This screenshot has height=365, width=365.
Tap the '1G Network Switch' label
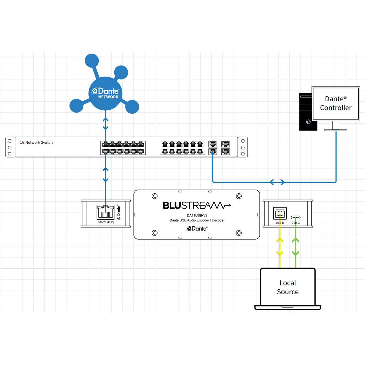(36, 143)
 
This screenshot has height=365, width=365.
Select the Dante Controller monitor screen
(336, 103)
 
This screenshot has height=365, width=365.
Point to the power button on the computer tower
(308, 122)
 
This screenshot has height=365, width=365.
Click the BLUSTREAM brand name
(196, 206)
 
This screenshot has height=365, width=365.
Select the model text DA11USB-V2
(197, 216)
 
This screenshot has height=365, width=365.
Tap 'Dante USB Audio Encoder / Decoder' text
(197, 220)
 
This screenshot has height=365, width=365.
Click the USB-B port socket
(280, 213)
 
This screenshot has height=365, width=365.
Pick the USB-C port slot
(296, 218)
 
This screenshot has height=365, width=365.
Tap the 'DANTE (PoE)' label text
(106, 222)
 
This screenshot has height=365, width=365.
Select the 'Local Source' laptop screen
(288, 287)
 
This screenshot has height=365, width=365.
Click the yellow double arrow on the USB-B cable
(280, 247)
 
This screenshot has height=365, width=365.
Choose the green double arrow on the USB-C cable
(296, 247)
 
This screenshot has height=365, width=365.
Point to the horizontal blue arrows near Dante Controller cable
(277, 182)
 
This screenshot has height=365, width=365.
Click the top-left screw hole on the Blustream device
(155, 196)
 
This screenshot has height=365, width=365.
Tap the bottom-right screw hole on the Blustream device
(239, 233)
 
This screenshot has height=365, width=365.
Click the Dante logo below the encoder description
(197, 228)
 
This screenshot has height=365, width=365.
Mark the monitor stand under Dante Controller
(336, 126)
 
